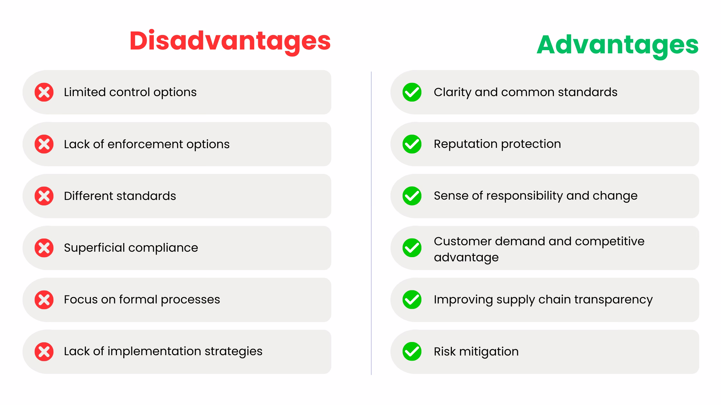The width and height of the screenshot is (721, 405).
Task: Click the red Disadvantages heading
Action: (x=230, y=41)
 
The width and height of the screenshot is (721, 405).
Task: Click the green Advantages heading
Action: (x=617, y=45)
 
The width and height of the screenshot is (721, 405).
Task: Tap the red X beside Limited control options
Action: (x=44, y=92)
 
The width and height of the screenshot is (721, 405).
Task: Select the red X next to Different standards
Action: (x=44, y=196)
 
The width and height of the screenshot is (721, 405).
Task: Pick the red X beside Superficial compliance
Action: (x=44, y=248)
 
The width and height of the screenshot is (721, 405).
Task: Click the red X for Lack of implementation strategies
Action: (x=44, y=352)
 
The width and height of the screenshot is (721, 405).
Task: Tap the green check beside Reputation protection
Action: (x=412, y=144)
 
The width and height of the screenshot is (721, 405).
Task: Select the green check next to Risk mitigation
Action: (x=412, y=352)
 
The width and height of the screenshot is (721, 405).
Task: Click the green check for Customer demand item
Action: (x=412, y=248)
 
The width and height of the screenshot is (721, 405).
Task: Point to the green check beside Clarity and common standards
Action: (x=412, y=92)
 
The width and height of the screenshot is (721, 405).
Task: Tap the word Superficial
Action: (x=94, y=248)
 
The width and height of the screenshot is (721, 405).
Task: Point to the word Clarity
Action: (x=452, y=92)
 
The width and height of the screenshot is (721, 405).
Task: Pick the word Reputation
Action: (x=465, y=144)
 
